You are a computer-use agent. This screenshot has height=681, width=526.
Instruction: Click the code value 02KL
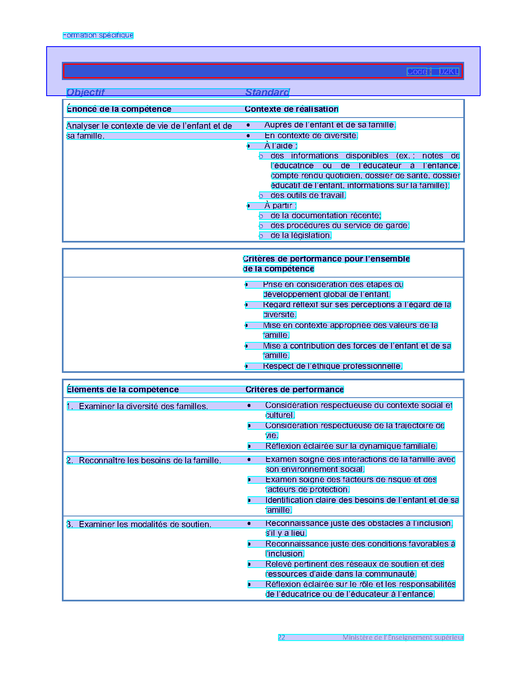tap(449, 72)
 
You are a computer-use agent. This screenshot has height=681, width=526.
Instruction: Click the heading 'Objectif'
tap(86, 92)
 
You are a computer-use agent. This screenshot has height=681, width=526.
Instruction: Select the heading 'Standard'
tap(267, 92)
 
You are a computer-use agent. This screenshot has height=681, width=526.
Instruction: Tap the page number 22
tap(281, 638)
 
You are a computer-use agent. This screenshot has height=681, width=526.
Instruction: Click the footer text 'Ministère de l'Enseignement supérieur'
tap(403, 638)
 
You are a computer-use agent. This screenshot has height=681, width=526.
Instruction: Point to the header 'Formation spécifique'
tap(98, 35)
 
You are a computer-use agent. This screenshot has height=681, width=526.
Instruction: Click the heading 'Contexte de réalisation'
tap(291, 109)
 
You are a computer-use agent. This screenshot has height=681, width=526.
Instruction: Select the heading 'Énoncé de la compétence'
tap(119, 109)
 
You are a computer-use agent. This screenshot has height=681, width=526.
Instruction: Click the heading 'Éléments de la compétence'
tap(123, 390)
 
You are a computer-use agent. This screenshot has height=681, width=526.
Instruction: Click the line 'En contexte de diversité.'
tap(311, 136)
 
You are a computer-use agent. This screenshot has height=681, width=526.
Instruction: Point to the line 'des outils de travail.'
tap(308, 196)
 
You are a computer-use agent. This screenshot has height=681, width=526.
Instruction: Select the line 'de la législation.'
tap(301, 236)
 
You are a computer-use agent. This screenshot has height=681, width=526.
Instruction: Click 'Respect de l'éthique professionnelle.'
tap(332, 366)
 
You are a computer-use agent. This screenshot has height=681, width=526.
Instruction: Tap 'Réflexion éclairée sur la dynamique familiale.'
tap(351, 446)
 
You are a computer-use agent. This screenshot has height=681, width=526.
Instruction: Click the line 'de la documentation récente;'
tap(326, 216)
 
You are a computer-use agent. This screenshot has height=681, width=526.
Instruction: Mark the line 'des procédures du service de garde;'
tap(340, 226)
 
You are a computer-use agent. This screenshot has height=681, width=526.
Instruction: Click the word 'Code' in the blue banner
tap(417, 72)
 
